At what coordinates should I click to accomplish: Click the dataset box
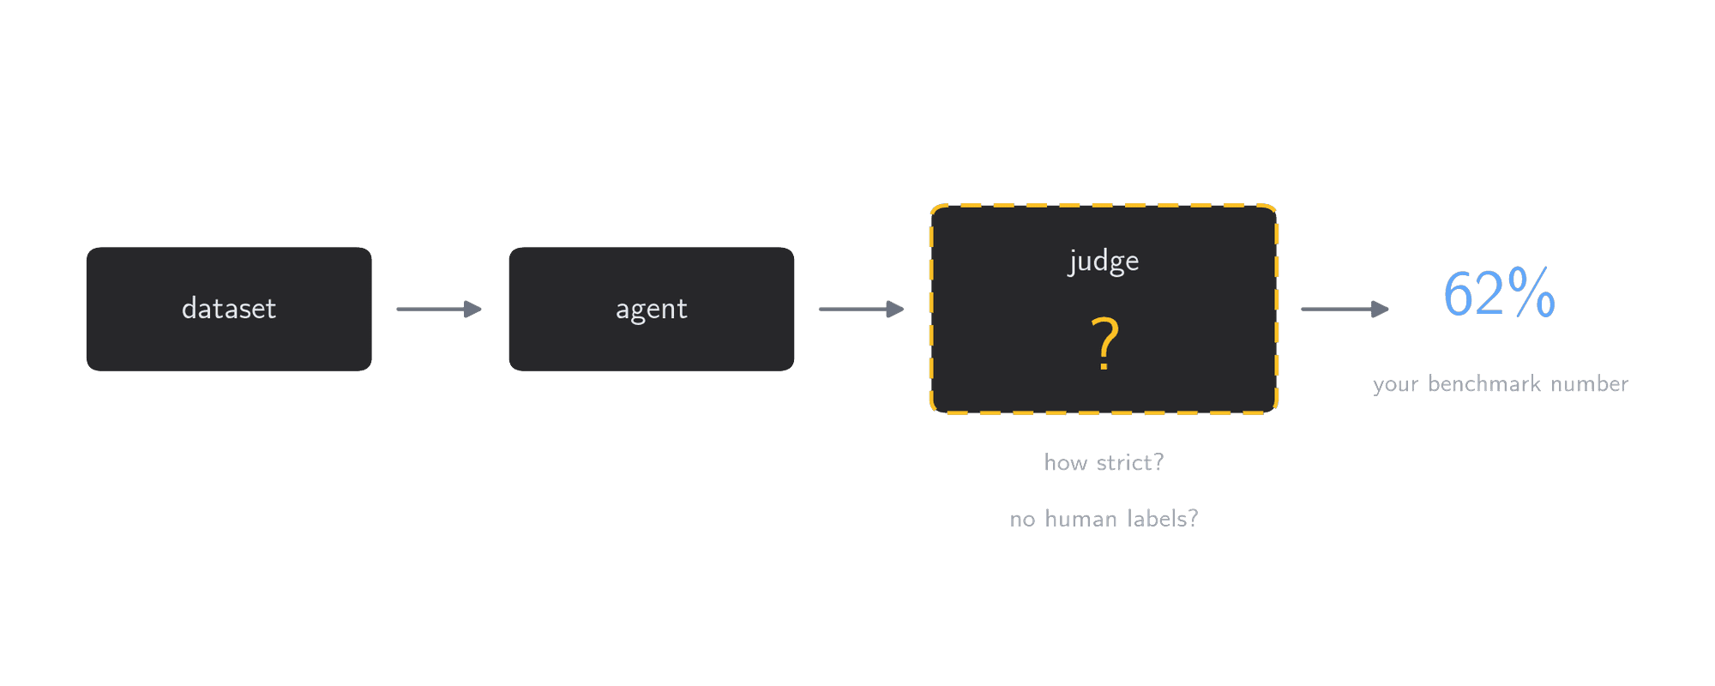tap(229, 309)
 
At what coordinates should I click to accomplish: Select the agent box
tap(652, 309)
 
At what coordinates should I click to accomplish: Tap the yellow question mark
tap(1104, 343)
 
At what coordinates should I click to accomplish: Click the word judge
tap(1104, 261)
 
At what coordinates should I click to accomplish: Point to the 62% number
tap(1500, 293)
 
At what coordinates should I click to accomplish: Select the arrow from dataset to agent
tap(439, 309)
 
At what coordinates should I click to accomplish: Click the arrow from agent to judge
tap(862, 309)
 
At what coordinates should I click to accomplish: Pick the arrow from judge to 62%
tap(1345, 309)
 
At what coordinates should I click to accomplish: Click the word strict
tap(1128, 463)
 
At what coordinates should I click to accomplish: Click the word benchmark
tap(1484, 383)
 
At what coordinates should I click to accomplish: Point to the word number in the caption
tap(1590, 383)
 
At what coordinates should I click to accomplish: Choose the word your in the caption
tap(1396, 385)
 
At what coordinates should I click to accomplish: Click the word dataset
tap(229, 309)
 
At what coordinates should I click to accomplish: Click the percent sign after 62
tap(1531, 292)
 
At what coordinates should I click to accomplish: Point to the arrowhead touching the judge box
tap(895, 309)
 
